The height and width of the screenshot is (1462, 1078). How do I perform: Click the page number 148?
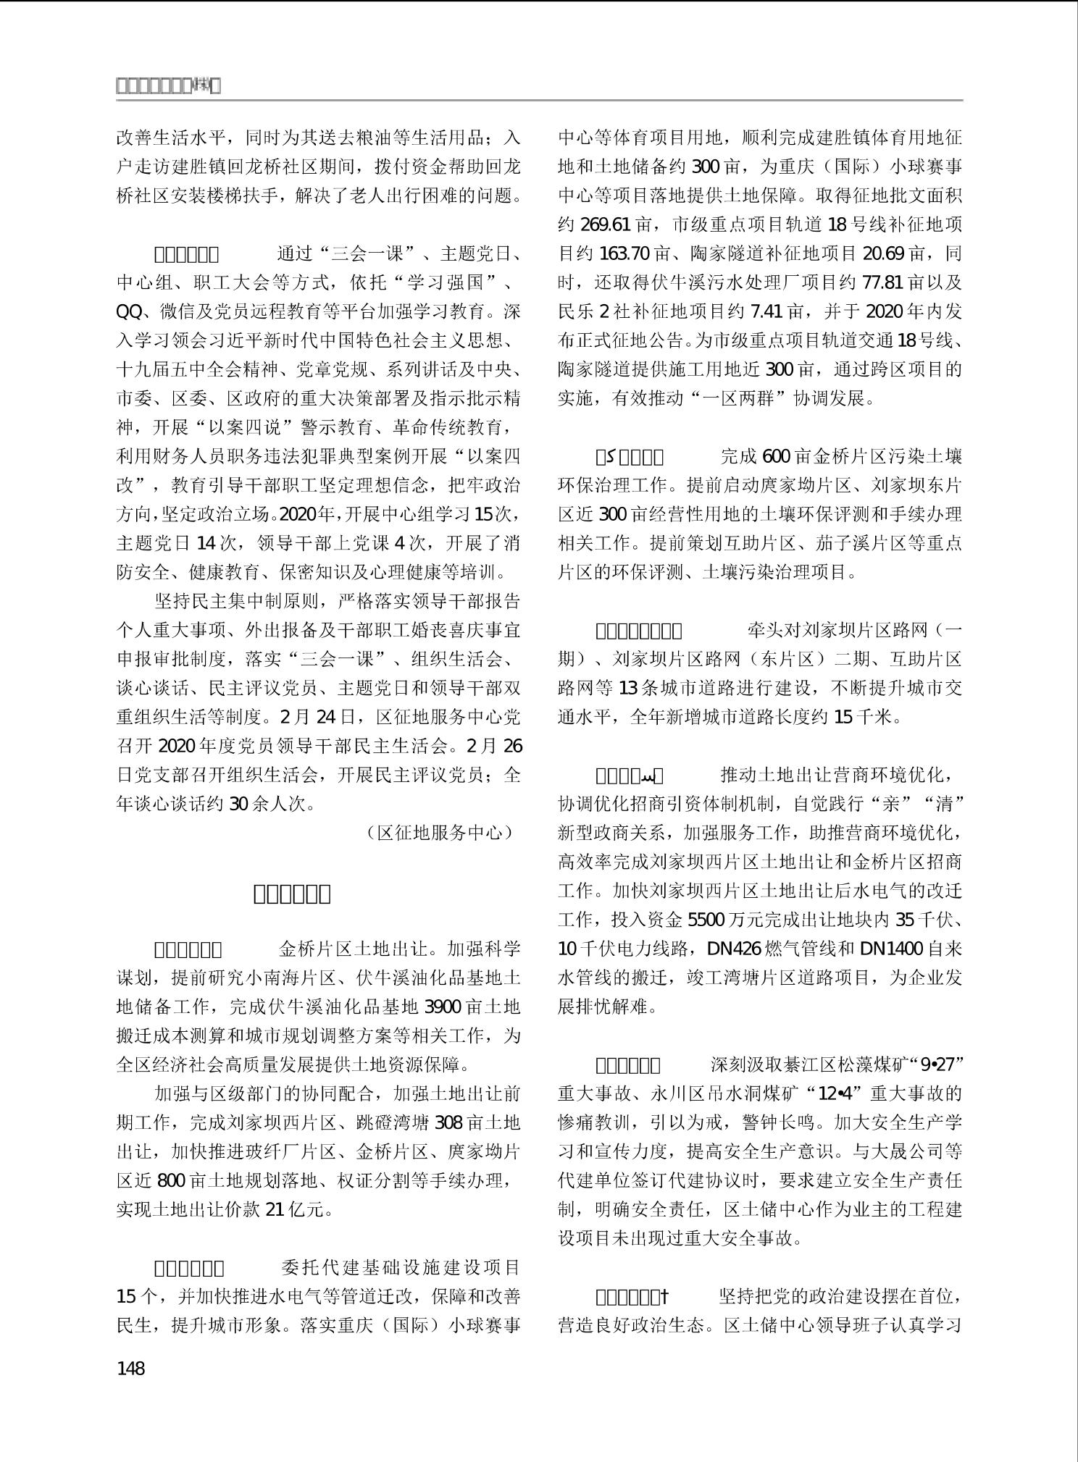click(x=130, y=1368)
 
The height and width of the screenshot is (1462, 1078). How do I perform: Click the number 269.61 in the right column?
click(x=606, y=224)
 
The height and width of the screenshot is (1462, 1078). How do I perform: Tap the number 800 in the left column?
click(x=171, y=1181)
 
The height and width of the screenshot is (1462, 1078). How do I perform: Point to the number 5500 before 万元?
click(x=706, y=920)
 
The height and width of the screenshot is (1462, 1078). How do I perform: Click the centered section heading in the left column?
click(x=292, y=894)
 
